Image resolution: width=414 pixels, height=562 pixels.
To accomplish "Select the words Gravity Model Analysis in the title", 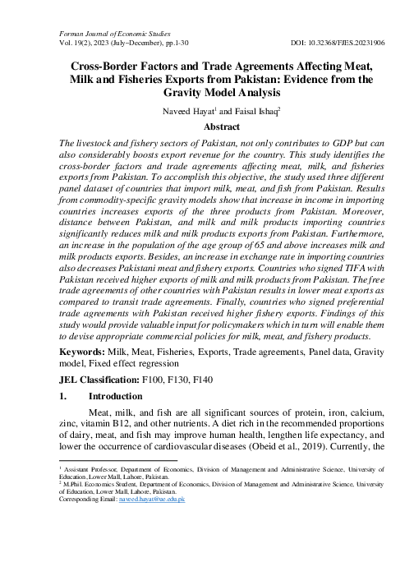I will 209,94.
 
